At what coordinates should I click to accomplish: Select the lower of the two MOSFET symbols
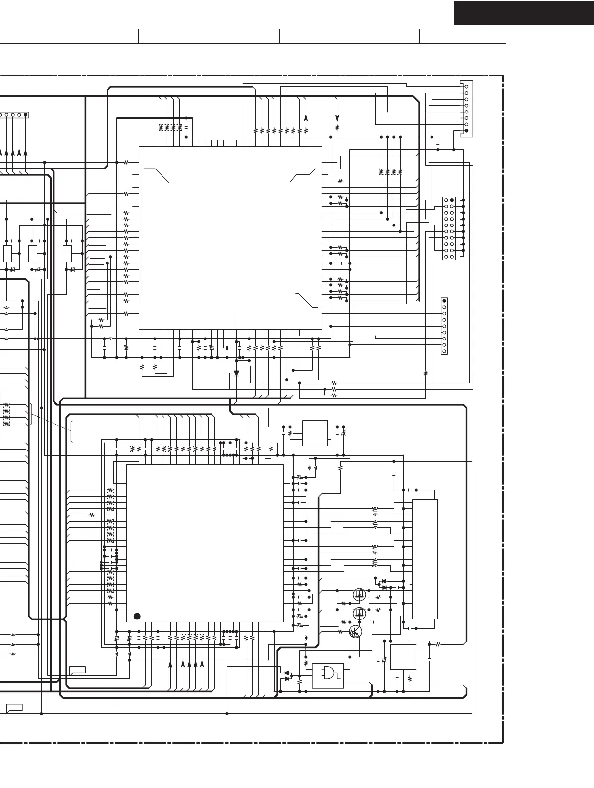pos(360,613)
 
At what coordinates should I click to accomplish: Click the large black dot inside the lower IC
pos(137,616)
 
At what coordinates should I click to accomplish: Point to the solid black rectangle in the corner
pos(524,13)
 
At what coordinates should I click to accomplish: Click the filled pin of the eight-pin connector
pos(466,131)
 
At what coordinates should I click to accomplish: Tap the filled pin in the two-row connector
pos(452,200)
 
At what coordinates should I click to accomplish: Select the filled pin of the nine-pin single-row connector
pos(444,301)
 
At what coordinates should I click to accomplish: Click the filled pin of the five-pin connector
pos(26,115)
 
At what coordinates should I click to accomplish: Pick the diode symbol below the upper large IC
pos(236,373)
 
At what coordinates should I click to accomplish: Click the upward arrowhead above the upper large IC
pos(306,118)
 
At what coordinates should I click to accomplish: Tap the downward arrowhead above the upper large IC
pos(337,118)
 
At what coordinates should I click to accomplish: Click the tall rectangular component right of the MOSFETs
pos(425,559)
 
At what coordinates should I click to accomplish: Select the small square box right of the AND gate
pos(403,657)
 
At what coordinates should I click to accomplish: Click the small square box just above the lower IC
pos(315,433)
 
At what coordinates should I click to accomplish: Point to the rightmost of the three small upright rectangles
pos(68,254)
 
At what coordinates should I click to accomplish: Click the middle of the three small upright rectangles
pos(33,254)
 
